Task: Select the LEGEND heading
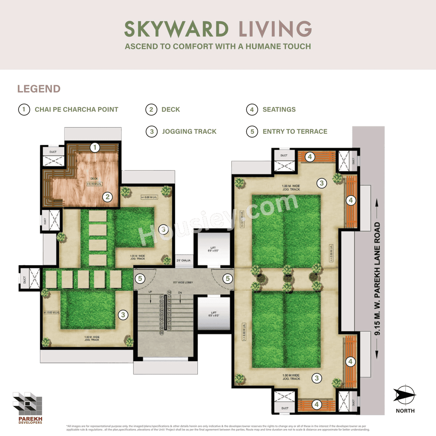click(39, 89)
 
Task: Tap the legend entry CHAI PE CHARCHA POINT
click(76, 110)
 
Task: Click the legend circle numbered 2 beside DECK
click(151, 110)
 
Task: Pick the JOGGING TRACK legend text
click(189, 131)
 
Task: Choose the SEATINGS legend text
click(279, 110)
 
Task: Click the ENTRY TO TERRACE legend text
click(295, 131)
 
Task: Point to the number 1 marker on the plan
click(95, 147)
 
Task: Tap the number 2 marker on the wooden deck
click(108, 197)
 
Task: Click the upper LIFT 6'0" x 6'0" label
click(213, 249)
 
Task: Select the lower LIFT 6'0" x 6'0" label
click(214, 314)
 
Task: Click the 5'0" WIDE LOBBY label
click(183, 282)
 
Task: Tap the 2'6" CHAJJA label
click(183, 261)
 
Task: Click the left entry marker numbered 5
click(140, 279)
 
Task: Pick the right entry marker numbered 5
click(228, 279)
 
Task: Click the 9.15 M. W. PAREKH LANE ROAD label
click(377, 279)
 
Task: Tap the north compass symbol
click(405, 395)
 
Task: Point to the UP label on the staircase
click(150, 292)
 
